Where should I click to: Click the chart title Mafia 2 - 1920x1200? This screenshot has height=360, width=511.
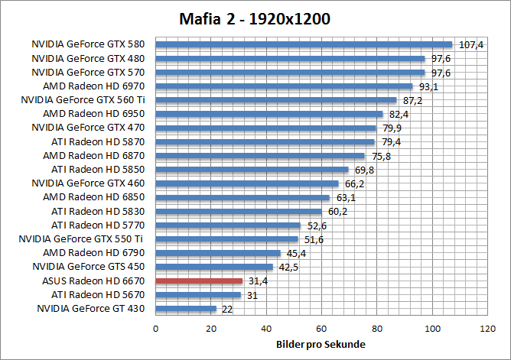pos(255,18)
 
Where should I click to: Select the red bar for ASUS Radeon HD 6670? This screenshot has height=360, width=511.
pos(199,281)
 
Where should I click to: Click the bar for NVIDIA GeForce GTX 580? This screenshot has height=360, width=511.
pos(304,44)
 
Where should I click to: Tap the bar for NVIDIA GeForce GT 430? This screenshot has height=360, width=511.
pos(186,309)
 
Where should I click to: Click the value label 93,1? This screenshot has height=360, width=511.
pos(427,86)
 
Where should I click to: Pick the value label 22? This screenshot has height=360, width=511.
pos(226,309)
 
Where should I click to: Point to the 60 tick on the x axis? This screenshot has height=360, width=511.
pos(322,329)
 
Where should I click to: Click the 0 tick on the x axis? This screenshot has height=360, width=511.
pos(156,329)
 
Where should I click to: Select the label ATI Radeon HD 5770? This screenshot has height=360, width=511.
pos(98,225)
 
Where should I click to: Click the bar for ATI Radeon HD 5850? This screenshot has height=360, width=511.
pos(252,170)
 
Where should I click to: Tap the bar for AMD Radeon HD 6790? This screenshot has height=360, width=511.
pos(218,253)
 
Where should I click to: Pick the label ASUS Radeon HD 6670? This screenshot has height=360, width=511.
pos(98,281)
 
